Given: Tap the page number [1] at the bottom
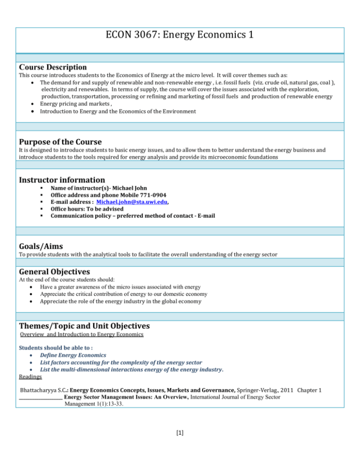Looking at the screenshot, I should [180, 443].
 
